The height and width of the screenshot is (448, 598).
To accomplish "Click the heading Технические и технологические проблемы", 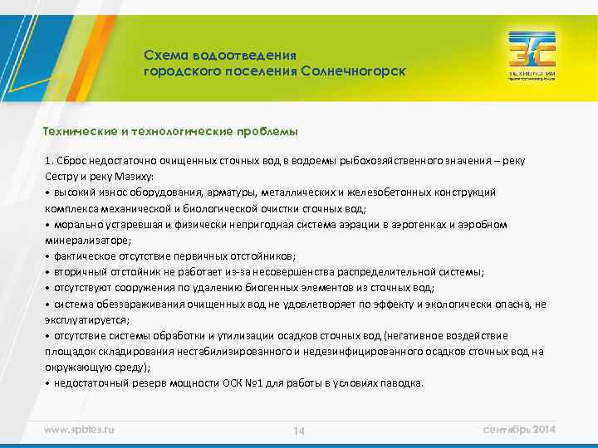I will pos(170,132).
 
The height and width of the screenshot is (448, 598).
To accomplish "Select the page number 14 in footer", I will pos(299,431).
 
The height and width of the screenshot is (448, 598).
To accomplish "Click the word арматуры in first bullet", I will pos(237,192).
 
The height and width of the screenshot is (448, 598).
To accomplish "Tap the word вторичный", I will pos(81,271).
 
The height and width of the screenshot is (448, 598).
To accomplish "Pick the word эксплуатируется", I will pos(86,319).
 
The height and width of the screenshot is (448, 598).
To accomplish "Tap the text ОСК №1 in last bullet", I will pos(243,383).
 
